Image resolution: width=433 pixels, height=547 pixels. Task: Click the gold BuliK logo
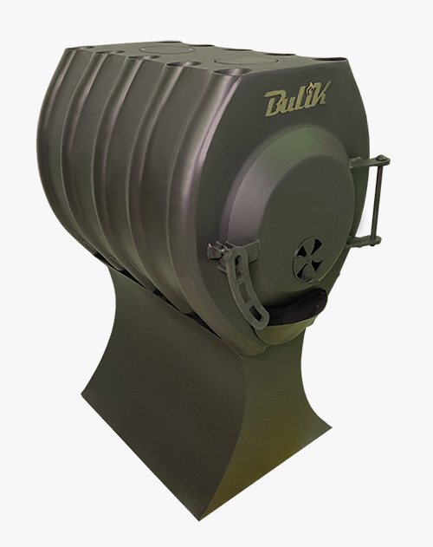pos(295,98)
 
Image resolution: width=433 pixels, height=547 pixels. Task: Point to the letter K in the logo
pos(317,93)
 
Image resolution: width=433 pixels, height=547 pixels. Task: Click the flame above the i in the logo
pos(308,86)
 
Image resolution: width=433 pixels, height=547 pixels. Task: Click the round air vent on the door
pos(308,259)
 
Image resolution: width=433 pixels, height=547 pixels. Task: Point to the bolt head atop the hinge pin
pos(383,158)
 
